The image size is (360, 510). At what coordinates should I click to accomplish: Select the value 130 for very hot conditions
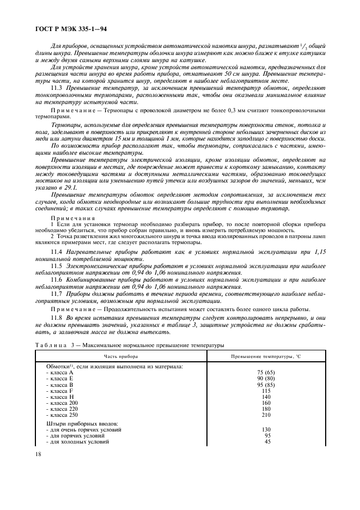coord(266,429)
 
